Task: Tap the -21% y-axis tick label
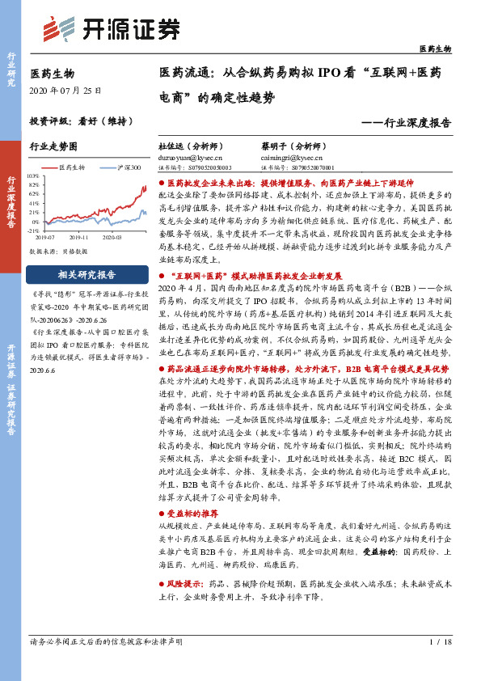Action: click(x=33, y=231)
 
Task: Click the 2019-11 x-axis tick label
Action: click(x=79, y=238)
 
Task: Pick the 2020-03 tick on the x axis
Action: click(x=112, y=238)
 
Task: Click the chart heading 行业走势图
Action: click(x=53, y=147)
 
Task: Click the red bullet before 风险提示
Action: click(x=162, y=583)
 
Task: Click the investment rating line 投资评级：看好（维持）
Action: click(x=81, y=121)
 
